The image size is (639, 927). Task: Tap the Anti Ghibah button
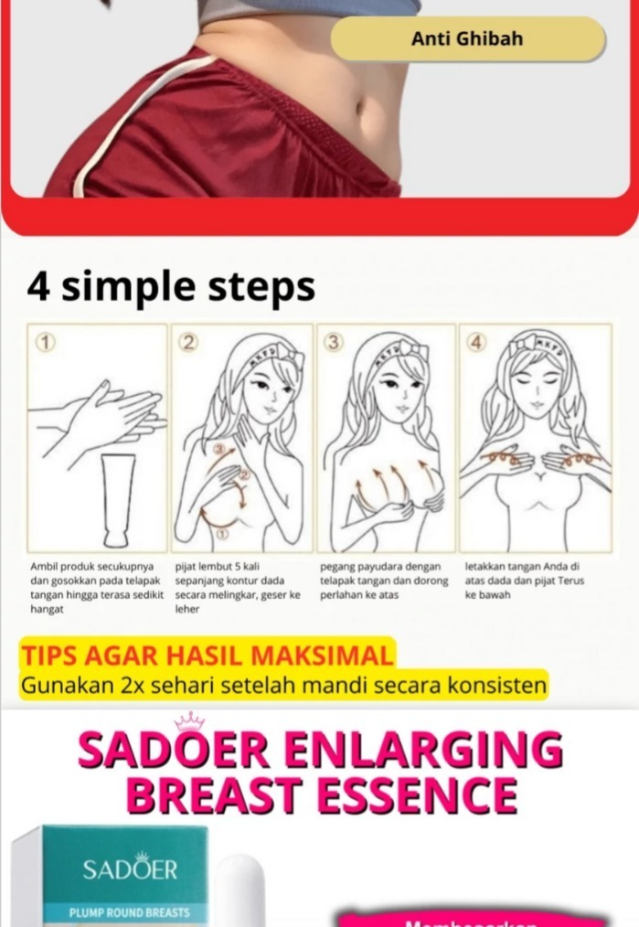(x=467, y=38)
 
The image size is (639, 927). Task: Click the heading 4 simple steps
(x=171, y=286)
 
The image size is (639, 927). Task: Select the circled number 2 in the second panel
(x=188, y=343)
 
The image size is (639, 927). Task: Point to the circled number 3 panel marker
(x=334, y=343)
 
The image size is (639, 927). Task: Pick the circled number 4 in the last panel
(x=476, y=343)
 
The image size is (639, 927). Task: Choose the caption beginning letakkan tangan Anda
(x=524, y=581)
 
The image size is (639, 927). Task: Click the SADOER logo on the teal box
(x=130, y=868)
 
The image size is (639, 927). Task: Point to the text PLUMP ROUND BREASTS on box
(x=130, y=912)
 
